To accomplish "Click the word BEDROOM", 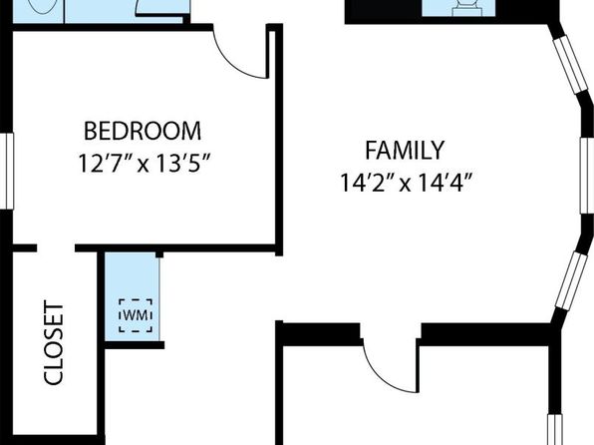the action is click(x=143, y=131).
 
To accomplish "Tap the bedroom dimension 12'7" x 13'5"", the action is click(x=144, y=163).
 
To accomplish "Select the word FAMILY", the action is click(x=405, y=151).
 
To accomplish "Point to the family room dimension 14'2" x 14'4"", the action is click(x=406, y=183).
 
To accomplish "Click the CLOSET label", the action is click(x=54, y=342).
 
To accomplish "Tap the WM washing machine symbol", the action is click(x=136, y=315).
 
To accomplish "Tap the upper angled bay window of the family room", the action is click(x=570, y=65).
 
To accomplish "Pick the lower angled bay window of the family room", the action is click(x=573, y=280).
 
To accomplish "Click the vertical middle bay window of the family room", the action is click(x=587, y=176).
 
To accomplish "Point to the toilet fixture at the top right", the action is click(x=466, y=8).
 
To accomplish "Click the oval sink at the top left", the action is click(x=43, y=6).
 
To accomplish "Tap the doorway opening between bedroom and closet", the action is click(x=56, y=248).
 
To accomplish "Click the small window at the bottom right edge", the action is click(x=555, y=429).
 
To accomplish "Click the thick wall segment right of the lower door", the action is click(x=485, y=334).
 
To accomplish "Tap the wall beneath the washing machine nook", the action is click(x=135, y=345).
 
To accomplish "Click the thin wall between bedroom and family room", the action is click(x=278, y=140).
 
